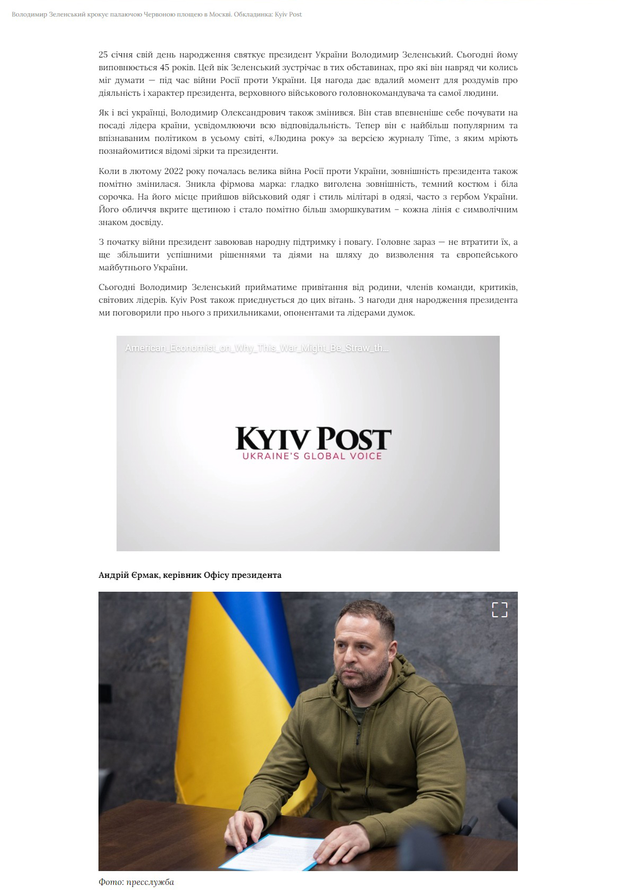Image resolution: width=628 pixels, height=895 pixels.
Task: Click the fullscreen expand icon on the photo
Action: pyautogui.click(x=499, y=610)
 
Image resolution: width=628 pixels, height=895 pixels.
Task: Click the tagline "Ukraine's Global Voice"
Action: pyautogui.click(x=312, y=456)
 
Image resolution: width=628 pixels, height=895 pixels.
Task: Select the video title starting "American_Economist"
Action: pyautogui.click(x=257, y=349)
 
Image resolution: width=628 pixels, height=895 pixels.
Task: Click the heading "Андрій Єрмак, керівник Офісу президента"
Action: pyautogui.click(x=190, y=575)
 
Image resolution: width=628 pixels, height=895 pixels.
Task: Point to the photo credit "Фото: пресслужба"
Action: pyautogui.click(x=136, y=882)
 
